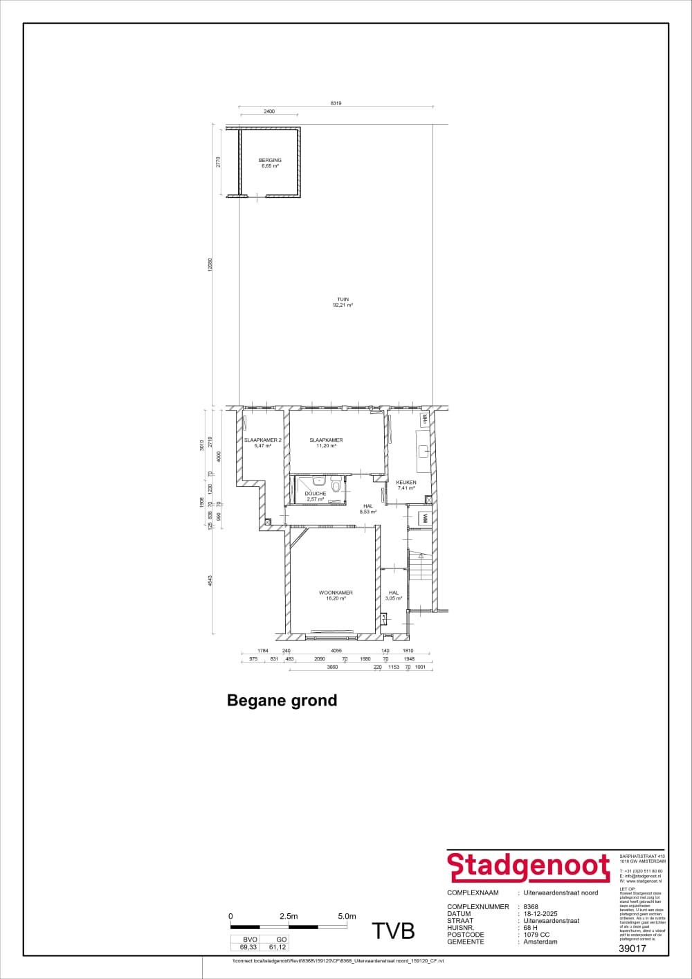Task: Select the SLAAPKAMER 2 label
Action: tap(262, 440)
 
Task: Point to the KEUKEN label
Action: tap(406, 483)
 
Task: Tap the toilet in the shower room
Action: tap(336, 486)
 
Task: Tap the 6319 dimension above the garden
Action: tap(336, 103)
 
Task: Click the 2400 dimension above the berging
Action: tap(269, 111)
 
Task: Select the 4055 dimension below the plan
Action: tap(336, 651)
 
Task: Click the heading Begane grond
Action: tap(282, 700)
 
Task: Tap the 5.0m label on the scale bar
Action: tap(347, 916)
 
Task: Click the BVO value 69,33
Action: tap(248, 947)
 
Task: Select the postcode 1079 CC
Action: tap(536, 935)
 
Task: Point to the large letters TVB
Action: tap(393, 931)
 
